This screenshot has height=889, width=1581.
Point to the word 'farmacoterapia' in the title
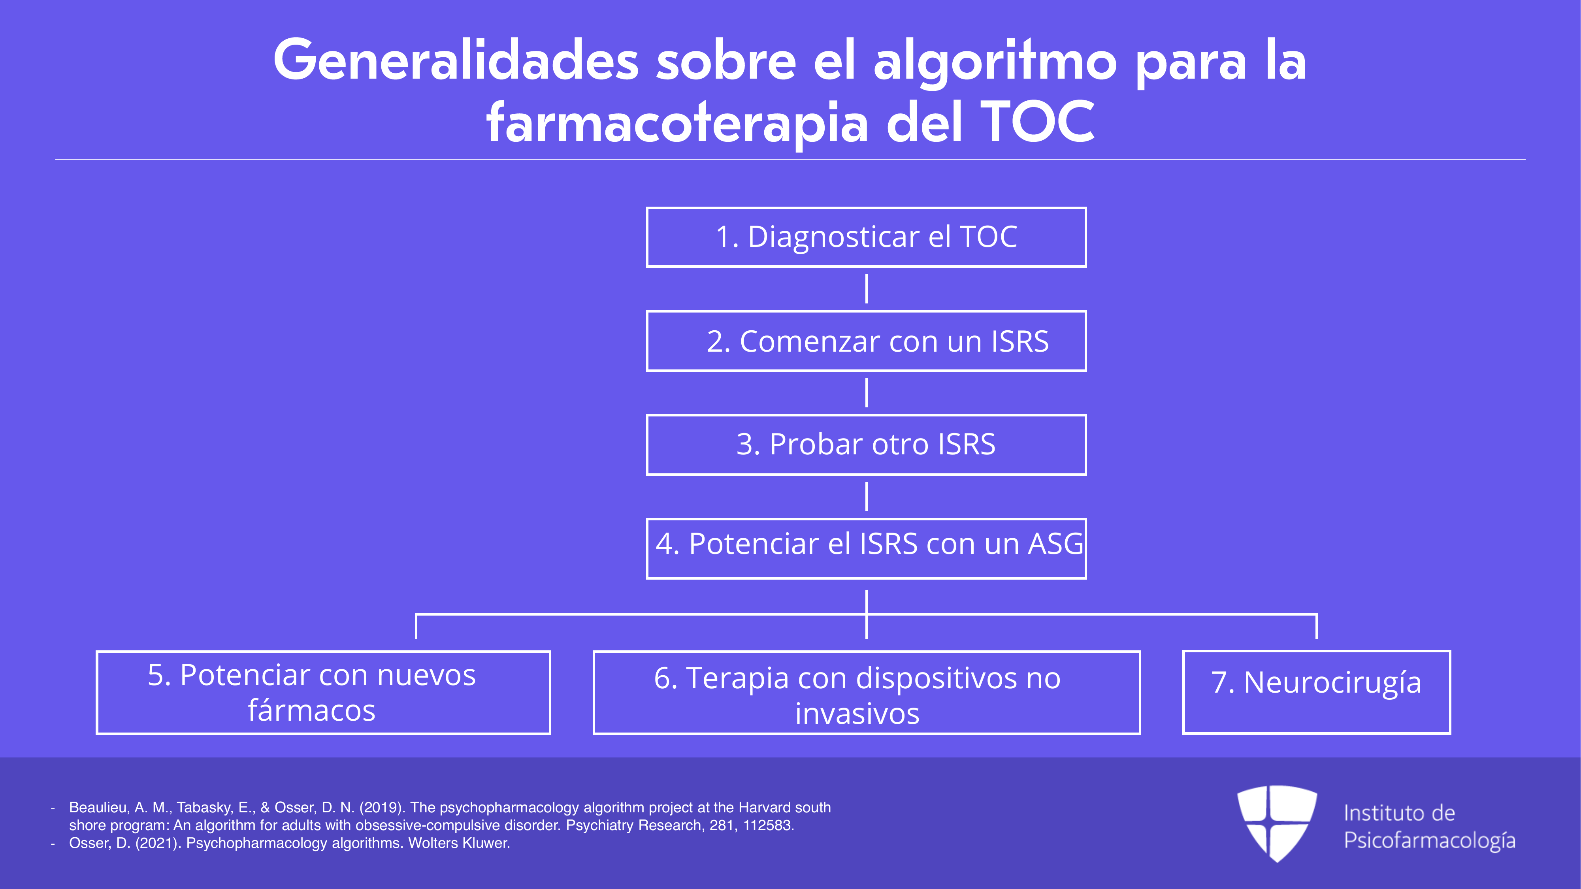tap(677, 123)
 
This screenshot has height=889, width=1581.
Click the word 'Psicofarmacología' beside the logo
tap(1429, 840)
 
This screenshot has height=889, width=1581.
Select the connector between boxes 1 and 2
tap(866, 289)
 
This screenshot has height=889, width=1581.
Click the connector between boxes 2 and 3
tap(866, 393)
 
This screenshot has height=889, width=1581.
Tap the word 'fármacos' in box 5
tap(311, 710)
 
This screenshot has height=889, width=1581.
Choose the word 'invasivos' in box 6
tap(857, 714)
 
